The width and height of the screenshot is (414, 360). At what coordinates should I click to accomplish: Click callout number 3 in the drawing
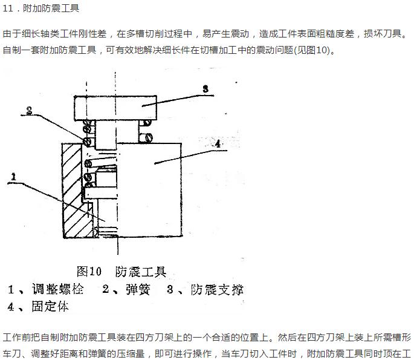pos(205,89)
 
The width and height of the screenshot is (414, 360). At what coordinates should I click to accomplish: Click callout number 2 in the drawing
pos(29,110)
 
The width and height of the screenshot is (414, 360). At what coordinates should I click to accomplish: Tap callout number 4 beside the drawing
pos(218,144)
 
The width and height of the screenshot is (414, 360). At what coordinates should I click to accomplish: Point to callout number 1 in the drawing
pos(13,177)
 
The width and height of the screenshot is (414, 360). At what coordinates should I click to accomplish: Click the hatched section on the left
pos(73,191)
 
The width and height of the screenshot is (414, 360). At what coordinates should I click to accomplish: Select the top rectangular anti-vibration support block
pos(115,108)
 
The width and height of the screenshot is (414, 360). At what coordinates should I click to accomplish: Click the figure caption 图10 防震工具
pos(121,272)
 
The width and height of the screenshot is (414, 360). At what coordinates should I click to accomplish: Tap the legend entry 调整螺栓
pos(57,289)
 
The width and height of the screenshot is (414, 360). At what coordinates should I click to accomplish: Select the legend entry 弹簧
pos(138,289)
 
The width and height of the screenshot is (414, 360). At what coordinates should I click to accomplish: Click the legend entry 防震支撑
pos(217,289)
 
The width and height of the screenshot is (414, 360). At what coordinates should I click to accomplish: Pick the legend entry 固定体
pos(50,307)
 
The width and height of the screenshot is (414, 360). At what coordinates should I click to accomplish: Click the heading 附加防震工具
pos(51,8)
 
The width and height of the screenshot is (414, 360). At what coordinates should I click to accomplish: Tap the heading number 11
pos(8,8)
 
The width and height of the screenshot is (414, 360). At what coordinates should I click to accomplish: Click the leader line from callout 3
pos(178,100)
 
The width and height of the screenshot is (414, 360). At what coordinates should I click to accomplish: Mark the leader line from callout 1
pos(56,201)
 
